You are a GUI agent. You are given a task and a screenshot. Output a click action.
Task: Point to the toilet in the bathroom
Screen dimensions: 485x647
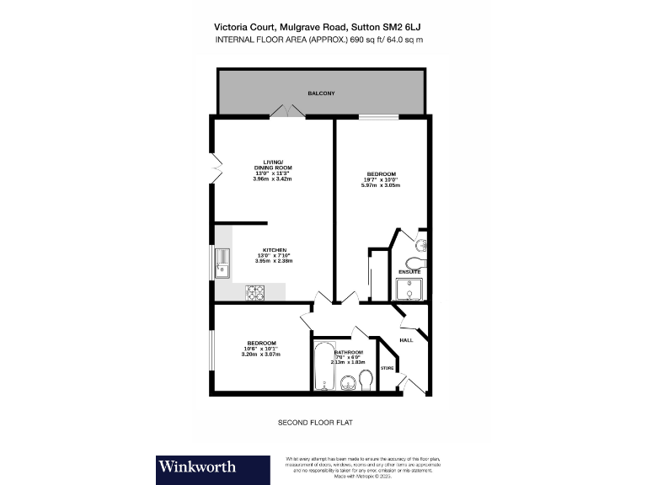tap(366, 378)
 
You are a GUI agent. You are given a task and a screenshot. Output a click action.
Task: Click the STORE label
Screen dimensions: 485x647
tap(388, 368)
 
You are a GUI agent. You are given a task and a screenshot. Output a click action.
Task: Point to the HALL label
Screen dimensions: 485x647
tap(406, 340)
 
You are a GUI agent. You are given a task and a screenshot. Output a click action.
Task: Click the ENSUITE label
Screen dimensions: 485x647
tap(409, 272)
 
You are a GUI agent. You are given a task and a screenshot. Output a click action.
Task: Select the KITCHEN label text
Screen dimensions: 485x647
tap(275, 251)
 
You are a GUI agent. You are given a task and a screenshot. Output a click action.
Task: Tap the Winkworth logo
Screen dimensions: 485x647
tap(196, 466)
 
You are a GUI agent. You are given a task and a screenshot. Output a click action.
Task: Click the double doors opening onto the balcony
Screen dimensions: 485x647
tap(285, 112)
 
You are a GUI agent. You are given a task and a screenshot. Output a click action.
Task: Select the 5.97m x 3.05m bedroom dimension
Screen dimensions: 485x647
tap(381, 185)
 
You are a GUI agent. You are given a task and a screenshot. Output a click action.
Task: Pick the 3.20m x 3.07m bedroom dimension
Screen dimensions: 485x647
tap(260, 354)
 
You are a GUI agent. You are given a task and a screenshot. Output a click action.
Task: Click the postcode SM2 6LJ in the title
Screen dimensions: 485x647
tap(412, 26)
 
